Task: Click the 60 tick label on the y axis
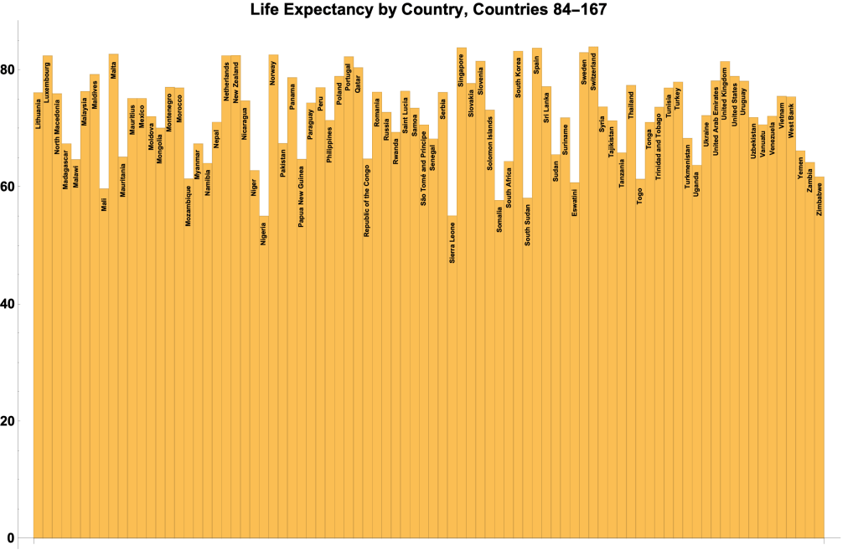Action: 9,187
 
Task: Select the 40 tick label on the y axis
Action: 9,304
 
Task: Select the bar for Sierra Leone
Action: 452,377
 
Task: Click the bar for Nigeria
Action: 264,377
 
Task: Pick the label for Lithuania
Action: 38,114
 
